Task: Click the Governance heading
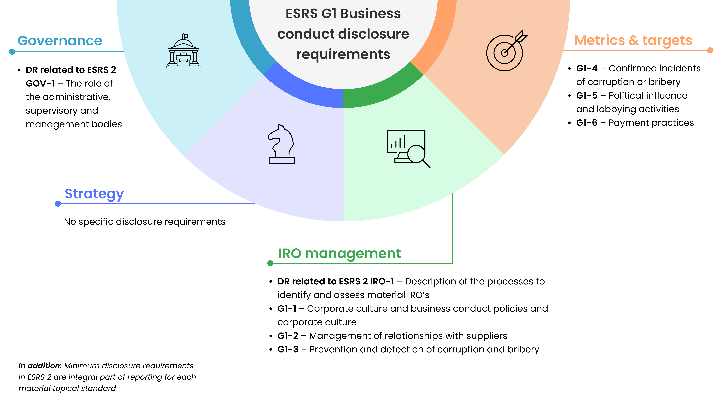click(60, 41)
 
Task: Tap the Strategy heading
click(94, 194)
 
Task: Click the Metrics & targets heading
click(633, 40)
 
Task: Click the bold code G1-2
click(288, 336)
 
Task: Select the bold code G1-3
click(288, 349)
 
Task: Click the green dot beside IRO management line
click(270, 263)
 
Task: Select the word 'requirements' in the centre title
click(343, 54)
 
